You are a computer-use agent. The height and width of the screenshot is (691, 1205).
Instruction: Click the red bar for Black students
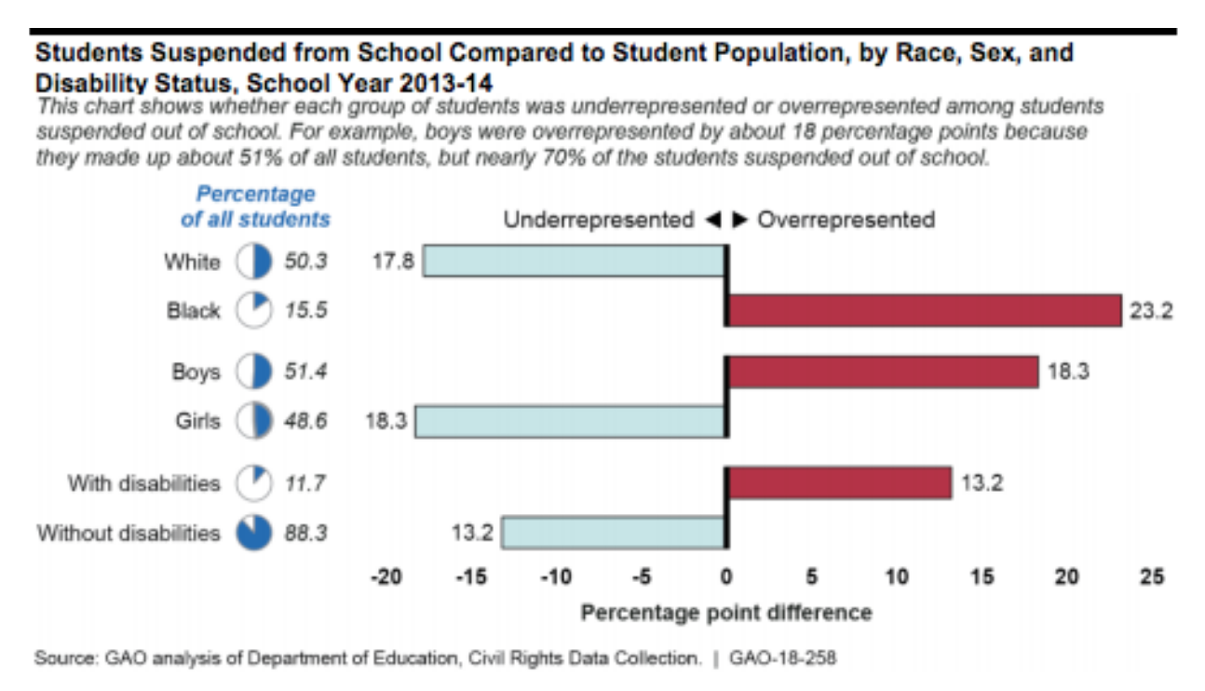923,311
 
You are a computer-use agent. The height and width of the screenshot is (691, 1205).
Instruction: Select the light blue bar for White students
575,262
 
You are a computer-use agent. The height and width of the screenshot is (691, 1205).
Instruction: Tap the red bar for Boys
882,372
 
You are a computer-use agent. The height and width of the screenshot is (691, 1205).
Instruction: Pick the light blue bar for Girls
570,421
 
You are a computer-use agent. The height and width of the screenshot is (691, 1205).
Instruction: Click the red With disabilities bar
838,483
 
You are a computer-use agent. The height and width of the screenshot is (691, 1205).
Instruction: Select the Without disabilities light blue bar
613,533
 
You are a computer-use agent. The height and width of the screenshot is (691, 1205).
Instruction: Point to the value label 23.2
1151,311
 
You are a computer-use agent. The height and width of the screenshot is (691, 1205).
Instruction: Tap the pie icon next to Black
253,311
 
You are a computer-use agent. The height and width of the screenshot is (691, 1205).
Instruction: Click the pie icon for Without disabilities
253,533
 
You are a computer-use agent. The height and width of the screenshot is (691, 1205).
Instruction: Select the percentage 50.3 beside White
305,262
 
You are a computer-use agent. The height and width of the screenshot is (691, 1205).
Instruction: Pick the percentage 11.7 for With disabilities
305,483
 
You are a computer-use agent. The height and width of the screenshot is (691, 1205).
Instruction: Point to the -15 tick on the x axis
470,578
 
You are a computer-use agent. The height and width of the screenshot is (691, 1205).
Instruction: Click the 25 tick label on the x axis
1152,578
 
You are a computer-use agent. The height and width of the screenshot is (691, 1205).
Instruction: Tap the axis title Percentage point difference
726,613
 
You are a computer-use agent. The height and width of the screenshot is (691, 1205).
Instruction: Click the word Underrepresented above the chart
599,221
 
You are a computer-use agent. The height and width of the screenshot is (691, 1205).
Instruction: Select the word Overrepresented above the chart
846,221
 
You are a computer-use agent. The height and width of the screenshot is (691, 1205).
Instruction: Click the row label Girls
198,421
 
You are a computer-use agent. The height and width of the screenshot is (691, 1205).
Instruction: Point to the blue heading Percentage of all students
255,207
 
